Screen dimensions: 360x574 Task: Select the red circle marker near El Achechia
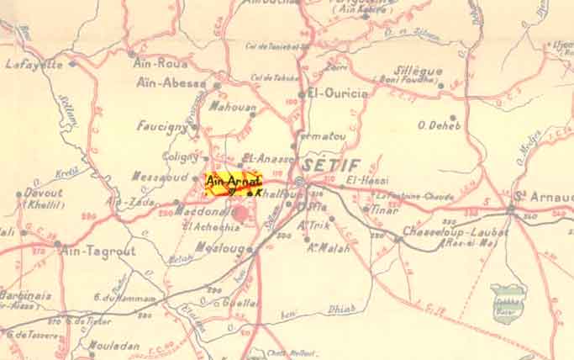tap(241, 213)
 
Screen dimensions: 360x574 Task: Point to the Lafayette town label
tap(34, 64)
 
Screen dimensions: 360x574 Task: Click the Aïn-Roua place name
tap(160, 61)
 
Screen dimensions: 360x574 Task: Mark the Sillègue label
tap(418, 71)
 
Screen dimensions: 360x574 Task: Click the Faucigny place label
tap(162, 126)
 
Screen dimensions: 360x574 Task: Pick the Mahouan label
tap(226, 107)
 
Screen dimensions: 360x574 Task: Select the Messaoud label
tap(159, 177)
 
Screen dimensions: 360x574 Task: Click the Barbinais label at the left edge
tap(26, 295)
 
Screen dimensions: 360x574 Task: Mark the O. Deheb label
tap(434, 126)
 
